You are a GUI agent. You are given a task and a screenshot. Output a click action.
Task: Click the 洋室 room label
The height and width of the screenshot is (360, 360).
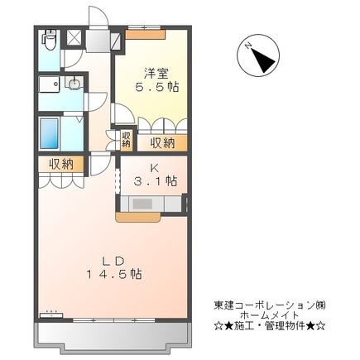[x=149, y=70]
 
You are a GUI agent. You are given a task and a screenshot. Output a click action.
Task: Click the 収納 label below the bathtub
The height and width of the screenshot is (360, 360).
[x=60, y=165]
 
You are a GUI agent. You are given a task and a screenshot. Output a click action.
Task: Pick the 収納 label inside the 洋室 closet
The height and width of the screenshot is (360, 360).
[x=163, y=142]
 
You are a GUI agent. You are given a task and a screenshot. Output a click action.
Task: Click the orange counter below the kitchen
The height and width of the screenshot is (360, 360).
[x=142, y=218]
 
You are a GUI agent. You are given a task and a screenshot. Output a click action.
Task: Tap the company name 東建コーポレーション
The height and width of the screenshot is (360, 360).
[x=270, y=305]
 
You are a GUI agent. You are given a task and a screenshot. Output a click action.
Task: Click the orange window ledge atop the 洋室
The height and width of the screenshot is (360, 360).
[x=146, y=32]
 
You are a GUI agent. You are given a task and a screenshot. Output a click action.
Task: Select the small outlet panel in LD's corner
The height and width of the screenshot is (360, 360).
[x=53, y=313]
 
